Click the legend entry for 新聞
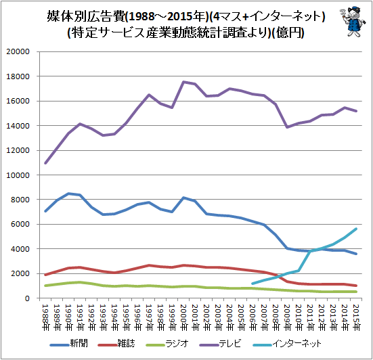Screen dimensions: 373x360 pyautogui.click(x=69, y=344)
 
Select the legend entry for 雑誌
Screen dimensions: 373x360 pyautogui.click(x=116, y=344)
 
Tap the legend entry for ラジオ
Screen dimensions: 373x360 pyautogui.click(x=167, y=344)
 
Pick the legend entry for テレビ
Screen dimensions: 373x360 pyautogui.click(x=221, y=344)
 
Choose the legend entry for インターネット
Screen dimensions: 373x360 pyautogui.click(x=287, y=344)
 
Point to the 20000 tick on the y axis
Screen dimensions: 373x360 pyautogui.click(x=18, y=51)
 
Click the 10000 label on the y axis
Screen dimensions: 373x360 pyautogui.click(x=18, y=175)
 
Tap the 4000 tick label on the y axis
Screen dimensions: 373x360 pyautogui.click(x=20, y=249)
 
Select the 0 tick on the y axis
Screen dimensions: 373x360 pyautogui.click(x=27, y=298)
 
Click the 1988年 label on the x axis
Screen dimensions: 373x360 pyautogui.click(x=45, y=317)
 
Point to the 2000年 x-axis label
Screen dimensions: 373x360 pyautogui.click(x=183, y=317)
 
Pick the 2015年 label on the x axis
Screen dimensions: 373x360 pyautogui.click(x=356, y=317)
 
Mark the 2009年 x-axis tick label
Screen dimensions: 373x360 pyautogui.click(x=287, y=317)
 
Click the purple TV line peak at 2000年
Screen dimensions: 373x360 pyautogui.click(x=183, y=82)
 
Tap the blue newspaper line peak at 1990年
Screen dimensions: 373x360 pyautogui.click(x=68, y=194)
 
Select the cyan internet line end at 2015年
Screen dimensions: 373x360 pyautogui.click(x=356, y=229)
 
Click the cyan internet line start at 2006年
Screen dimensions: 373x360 pyautogui.click(x=253, y=284)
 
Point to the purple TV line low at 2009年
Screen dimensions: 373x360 pyautogui.click(x=287, y=127)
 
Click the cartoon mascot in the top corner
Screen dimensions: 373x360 pyautogui.click(x=352, y=22)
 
